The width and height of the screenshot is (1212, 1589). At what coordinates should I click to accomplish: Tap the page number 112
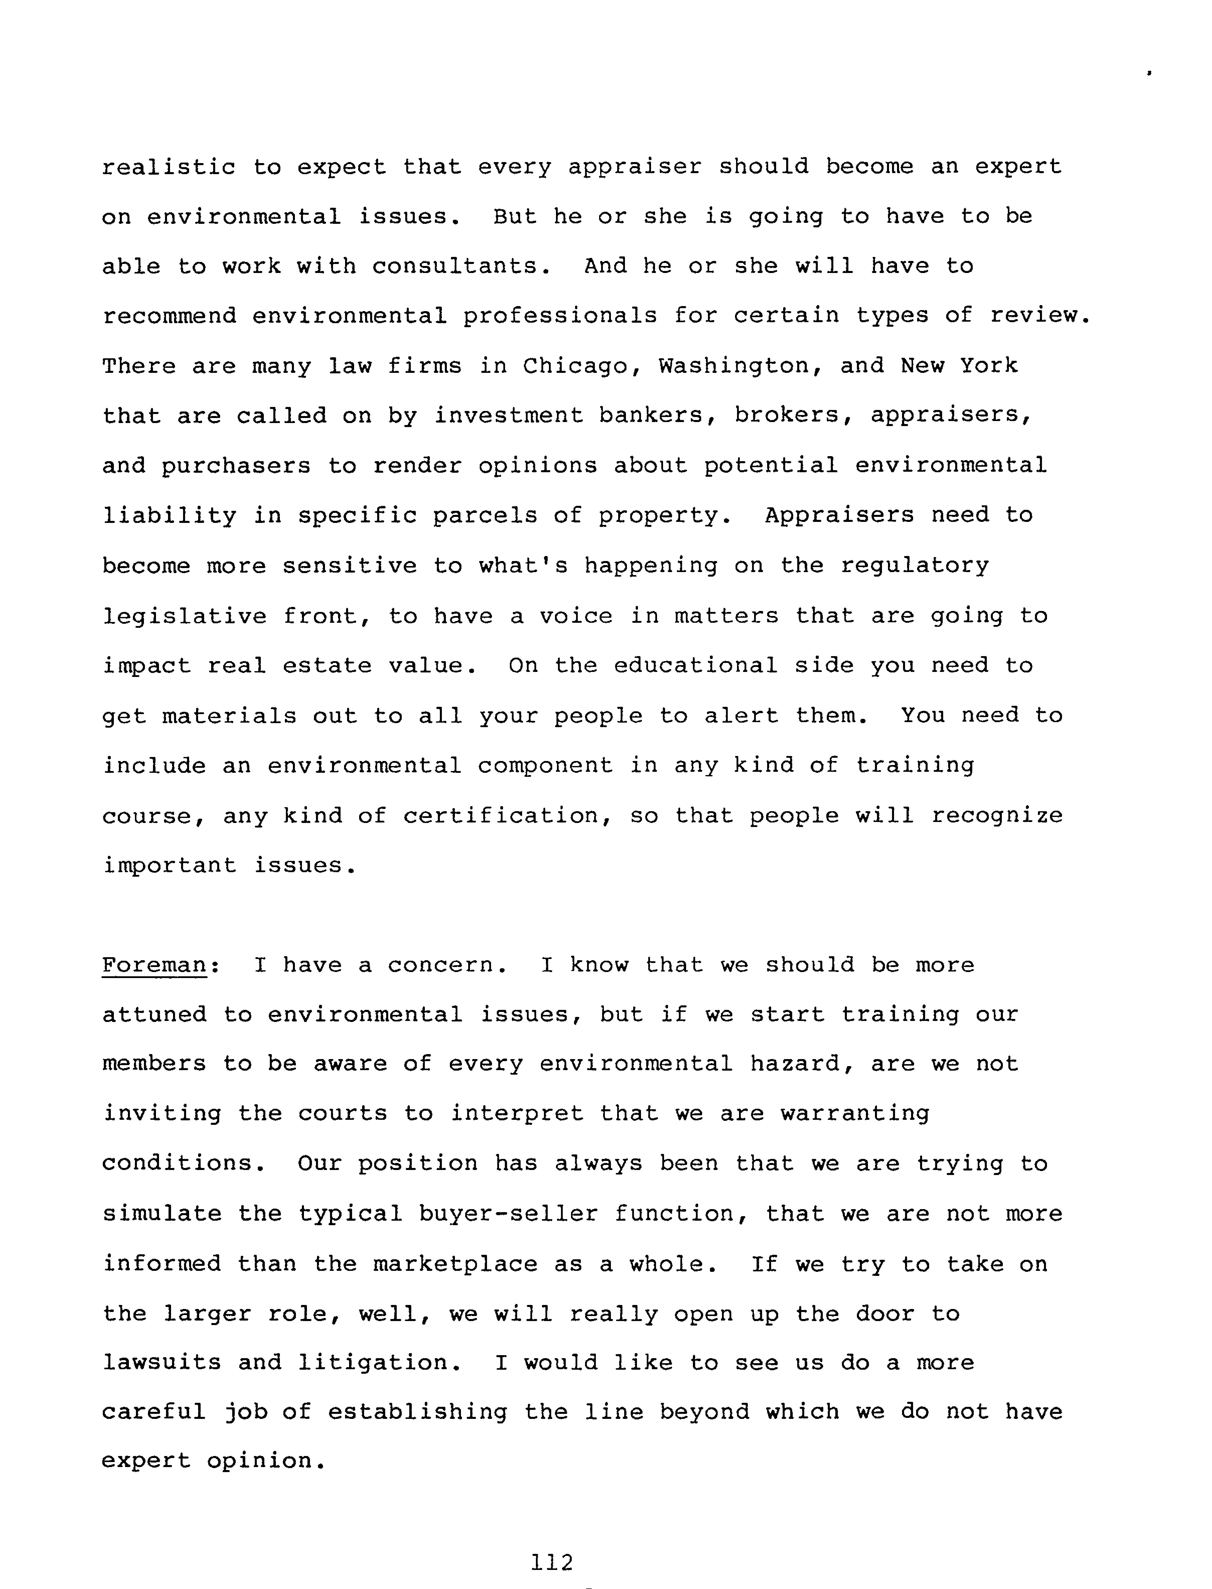point(552,1562)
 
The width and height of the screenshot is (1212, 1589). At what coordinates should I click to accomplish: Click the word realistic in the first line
point(169,167)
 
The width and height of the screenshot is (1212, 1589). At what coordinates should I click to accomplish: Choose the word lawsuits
point(161,1363)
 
